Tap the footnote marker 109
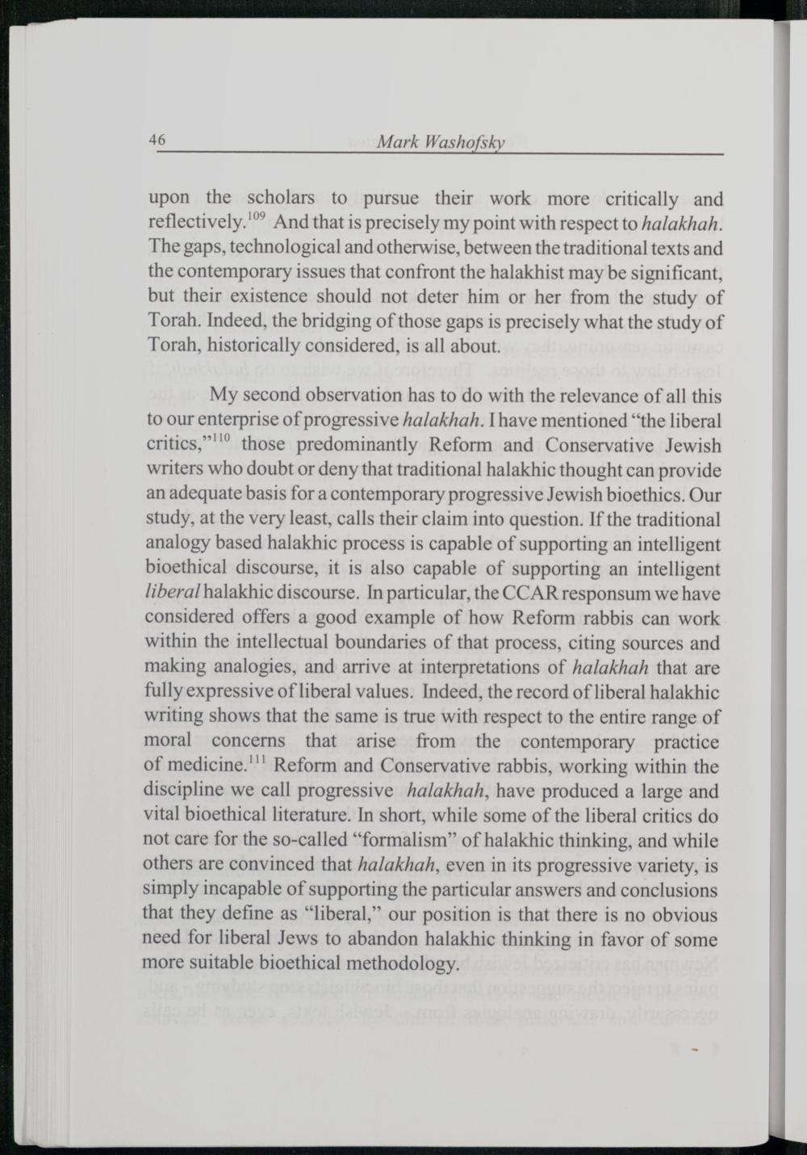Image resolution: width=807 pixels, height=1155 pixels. [x=256, y=216]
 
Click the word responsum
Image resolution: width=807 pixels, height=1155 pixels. [x=608, y=593]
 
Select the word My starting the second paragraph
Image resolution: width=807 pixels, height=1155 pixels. [x=223, y=397]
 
